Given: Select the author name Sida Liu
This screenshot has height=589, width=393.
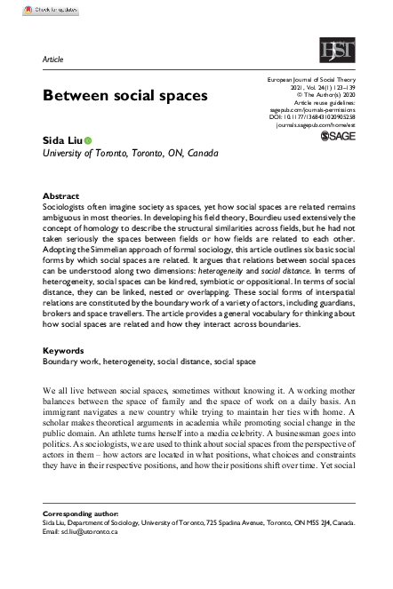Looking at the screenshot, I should coord(62,139).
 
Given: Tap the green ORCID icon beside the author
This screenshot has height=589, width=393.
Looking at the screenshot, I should coord(88,140).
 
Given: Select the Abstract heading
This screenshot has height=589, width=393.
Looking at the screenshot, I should coord(60,195).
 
